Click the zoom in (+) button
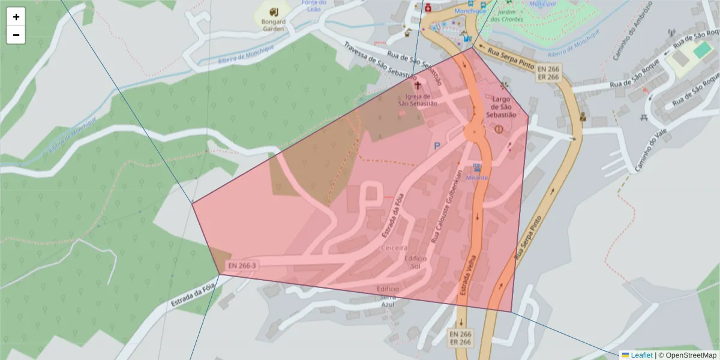(x=16, y=17)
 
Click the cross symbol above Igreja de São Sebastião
(x=418, y=86)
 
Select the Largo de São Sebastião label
(x=501, y=107)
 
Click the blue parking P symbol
(x=437, y=146)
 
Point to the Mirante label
(x=478, y=178)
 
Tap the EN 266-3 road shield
(x=242, y=265)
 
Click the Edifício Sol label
(x=416, y=262)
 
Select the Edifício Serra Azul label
(x=387, y=296)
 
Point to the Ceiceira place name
(x=394, y=247)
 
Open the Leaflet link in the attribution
(x=641, y=355)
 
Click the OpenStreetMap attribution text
(x=690, y=355)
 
